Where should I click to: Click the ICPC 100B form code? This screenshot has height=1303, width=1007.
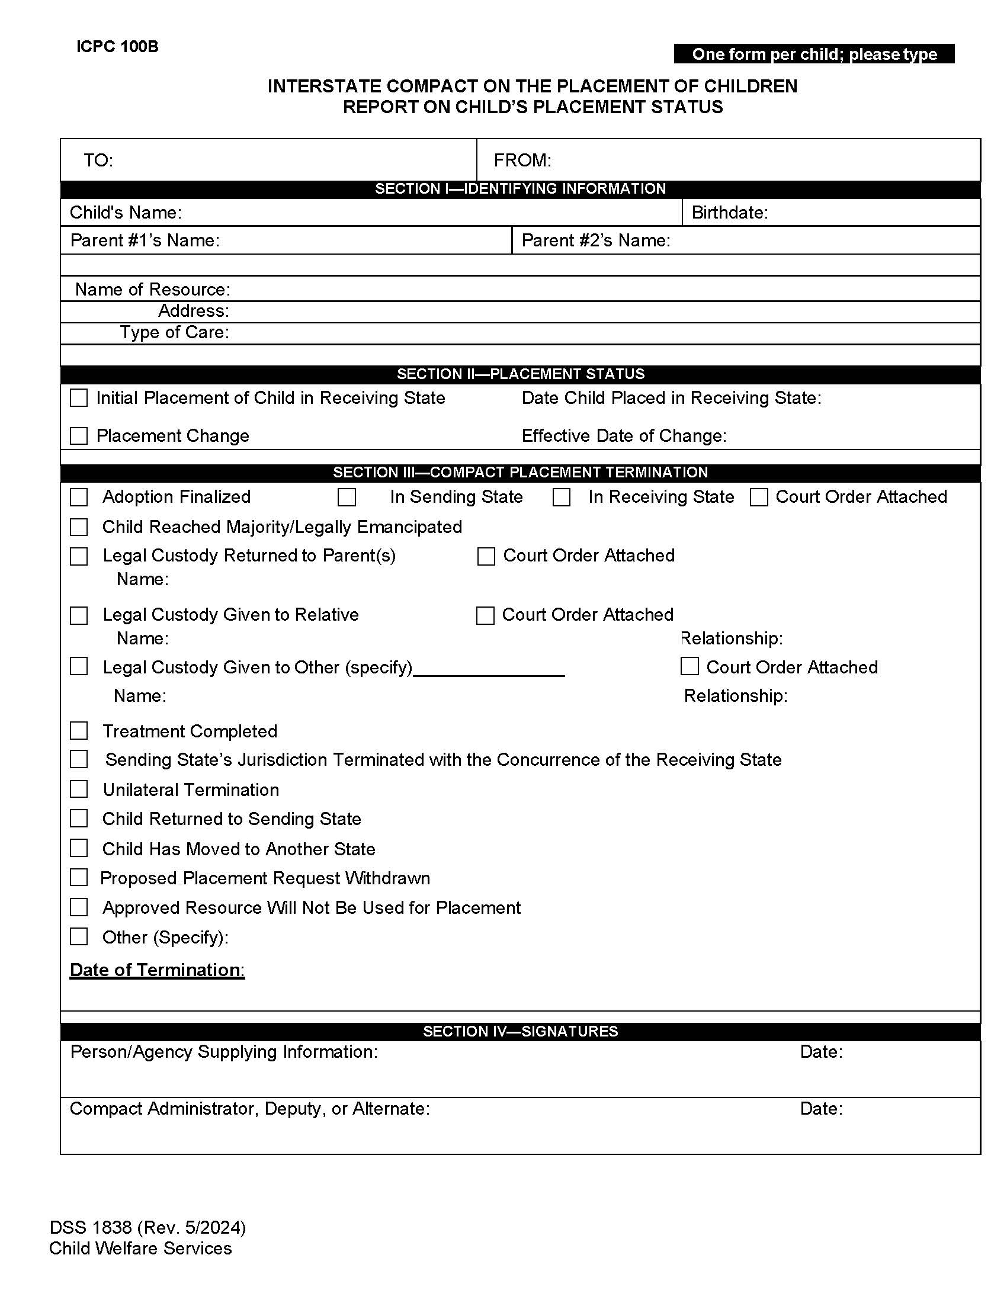117,47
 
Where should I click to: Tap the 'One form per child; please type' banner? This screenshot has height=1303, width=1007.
814,54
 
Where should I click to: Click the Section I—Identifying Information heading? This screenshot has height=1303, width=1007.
519,188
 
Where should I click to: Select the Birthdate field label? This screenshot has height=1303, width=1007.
729,213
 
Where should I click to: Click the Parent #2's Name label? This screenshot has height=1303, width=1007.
595,240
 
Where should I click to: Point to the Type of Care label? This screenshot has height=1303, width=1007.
174,332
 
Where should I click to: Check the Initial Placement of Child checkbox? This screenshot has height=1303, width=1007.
79,398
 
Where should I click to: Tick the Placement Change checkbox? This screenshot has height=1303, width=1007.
79,436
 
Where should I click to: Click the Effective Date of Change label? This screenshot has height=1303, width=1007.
623,436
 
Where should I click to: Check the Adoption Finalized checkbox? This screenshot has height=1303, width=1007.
79,497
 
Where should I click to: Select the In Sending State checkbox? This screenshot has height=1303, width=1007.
347,497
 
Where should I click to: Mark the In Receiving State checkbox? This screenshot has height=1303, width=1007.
562,497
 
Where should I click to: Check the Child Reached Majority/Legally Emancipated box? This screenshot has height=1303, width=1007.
79,527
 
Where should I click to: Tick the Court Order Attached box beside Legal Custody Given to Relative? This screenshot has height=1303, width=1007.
485,616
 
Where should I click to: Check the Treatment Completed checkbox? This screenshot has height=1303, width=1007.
79,731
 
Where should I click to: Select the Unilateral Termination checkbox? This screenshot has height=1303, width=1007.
79,789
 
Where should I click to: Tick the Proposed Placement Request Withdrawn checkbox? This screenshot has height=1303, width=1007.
79,878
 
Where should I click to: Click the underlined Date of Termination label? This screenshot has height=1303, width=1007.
157,970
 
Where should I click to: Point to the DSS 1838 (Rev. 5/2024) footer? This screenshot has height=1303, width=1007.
147,1227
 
